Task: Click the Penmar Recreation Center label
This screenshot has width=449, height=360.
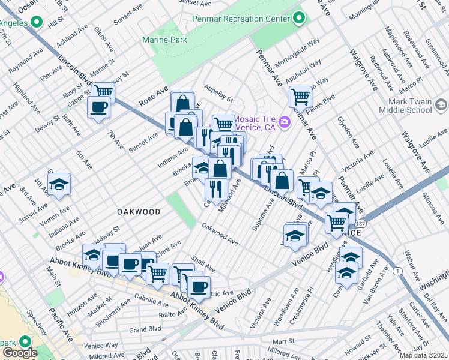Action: (x=240, y=18)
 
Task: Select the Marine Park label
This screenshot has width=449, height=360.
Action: (x=164, y=40)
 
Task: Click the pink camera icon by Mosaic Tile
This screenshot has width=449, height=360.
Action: (x=284, y=122)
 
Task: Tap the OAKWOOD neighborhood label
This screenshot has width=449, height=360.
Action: (x=139, y=212)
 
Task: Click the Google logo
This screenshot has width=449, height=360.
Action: (x=19, y=353)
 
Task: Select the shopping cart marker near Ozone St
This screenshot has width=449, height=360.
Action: (x=103, y=92)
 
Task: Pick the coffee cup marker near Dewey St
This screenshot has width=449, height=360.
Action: (x=98, y=107)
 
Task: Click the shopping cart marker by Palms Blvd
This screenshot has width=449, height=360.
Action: (x=300, y=95)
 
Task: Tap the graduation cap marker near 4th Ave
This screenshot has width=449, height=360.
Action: (x=59, y=184)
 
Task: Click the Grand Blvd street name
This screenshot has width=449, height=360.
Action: (x=145, y=329)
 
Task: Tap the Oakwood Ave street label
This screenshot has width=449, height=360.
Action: (x=220, y=235)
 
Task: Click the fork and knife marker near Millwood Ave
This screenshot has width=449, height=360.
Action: (x=215, y=188)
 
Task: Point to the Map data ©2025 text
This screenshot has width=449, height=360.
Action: (x=423, y=355)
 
